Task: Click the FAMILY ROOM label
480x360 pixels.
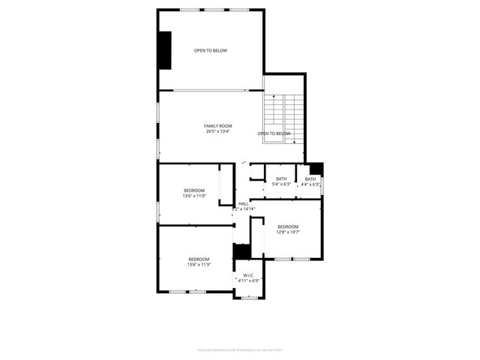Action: click(x=218, y=125)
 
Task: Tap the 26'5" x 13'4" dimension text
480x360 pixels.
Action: click(x=218, y=131)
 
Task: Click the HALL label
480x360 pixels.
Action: click(x=244, y=203)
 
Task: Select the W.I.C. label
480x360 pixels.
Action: click(x=248, y=275)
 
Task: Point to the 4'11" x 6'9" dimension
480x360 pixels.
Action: click(x=248, y=281)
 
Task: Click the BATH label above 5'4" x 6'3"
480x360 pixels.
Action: click(x=281, y=178)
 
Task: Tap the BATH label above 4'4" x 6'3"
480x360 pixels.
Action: click(x=310, y=178)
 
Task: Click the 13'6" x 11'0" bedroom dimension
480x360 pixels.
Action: click(x=194, y=196)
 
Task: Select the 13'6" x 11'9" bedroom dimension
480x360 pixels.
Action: click(x=199, y=265)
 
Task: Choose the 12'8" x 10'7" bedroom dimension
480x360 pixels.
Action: click(x=288, y=232)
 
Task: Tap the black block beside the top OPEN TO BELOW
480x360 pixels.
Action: click(x=163, y=50)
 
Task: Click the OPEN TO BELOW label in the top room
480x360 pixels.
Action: click(x=211, y=50)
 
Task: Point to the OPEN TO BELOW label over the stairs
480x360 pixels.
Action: click(x=274, y=133)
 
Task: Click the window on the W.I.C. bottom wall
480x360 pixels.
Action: click(x=248, y=297)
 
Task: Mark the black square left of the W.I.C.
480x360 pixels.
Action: click(x=241, y=251)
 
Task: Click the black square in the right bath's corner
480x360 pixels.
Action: click(x=316, y=169)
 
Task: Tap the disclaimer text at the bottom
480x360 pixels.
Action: click(x=239, y=349)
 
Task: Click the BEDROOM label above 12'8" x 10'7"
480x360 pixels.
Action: click(x=288, y=226)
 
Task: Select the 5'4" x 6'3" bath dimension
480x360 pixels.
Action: click(x=281, y=184)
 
